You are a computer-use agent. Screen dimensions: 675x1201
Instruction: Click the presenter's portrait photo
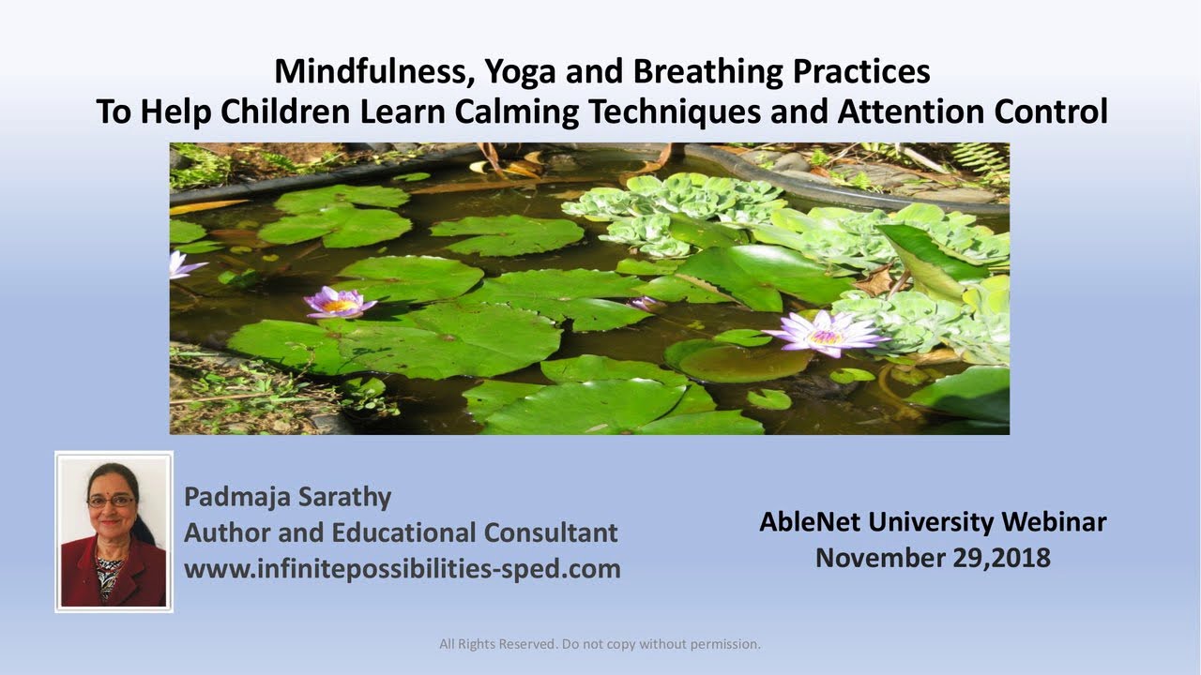[114, 532]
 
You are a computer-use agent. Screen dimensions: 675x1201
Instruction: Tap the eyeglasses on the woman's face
[111, 501]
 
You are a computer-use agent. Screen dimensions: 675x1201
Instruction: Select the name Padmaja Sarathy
[288, 496]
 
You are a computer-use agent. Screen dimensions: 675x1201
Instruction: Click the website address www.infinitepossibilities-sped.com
[402, 568]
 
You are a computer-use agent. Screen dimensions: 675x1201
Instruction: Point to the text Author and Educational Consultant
[401, 532]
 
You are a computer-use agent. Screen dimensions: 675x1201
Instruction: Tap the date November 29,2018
[933, 558]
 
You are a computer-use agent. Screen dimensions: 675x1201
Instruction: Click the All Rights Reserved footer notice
[600, 644]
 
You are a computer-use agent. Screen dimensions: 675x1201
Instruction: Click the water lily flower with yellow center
[339, 302]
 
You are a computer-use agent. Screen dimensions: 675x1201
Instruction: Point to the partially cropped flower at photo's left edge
[181, 265]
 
